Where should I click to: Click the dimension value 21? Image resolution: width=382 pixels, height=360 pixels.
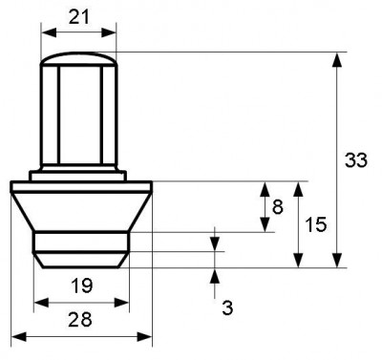coord(79,17)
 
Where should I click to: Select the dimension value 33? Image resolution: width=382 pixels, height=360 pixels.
coord(356,160)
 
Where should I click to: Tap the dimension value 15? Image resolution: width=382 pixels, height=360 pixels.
coord(316,224)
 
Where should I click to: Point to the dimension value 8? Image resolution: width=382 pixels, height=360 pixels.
coord(278,207)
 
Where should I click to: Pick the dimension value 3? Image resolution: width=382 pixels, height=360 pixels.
coord(227,307)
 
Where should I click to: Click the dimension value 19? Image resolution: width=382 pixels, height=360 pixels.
coord(81,286)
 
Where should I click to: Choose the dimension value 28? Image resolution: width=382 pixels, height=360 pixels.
coord(80,319)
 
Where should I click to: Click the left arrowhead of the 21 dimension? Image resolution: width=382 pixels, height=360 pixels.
coord(49,32)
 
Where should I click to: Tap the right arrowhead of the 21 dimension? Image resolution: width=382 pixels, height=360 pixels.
coord(109,32)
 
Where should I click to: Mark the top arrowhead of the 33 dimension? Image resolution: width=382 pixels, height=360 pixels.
coord(337,59)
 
